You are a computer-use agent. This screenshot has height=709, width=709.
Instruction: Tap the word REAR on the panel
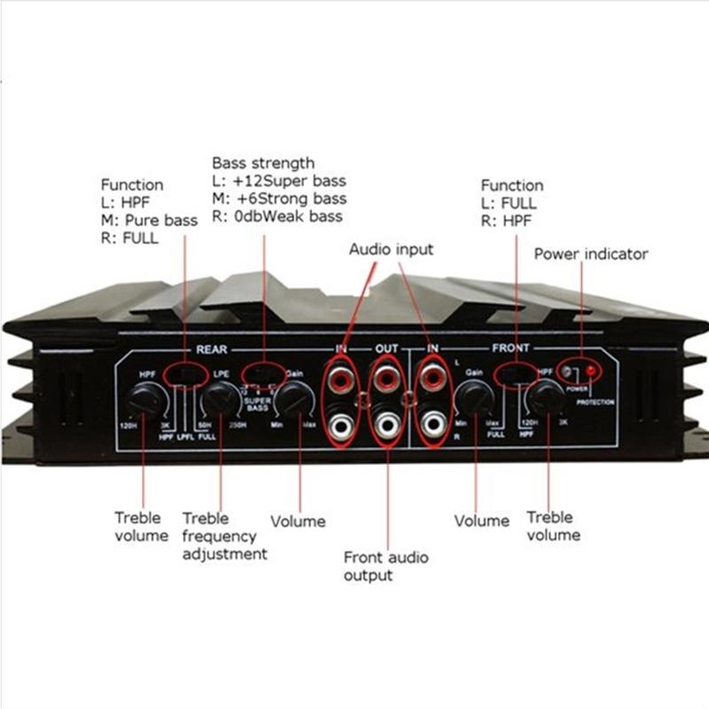point(210,349)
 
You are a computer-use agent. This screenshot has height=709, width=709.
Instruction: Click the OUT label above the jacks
point(386,348)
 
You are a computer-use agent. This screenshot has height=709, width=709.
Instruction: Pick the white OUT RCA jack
point(386,426)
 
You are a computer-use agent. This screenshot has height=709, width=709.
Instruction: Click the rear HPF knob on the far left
point(144,402)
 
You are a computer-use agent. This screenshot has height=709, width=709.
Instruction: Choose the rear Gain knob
point(292,401)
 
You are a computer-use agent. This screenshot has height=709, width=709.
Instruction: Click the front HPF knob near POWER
point(546,401)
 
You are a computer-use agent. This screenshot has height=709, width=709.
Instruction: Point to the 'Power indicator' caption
point(590,254)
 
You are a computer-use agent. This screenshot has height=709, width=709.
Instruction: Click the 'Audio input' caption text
point(391,250)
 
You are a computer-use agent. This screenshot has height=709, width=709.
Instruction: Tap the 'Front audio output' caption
point(386,566)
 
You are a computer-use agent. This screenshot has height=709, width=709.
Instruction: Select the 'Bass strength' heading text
point(263,163)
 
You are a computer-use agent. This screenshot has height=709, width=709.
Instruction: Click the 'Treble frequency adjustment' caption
point(224,536)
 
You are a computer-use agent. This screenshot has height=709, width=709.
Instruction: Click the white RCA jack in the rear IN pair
point(340,426)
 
